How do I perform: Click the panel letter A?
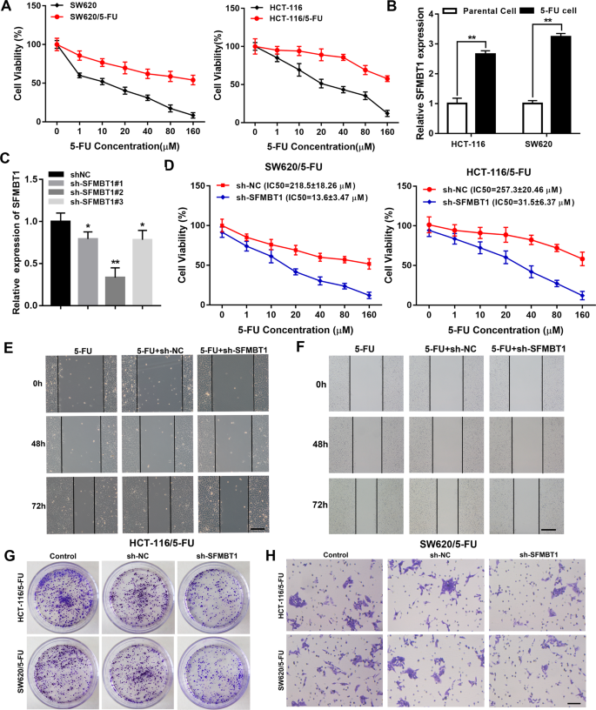click(7, 8)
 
